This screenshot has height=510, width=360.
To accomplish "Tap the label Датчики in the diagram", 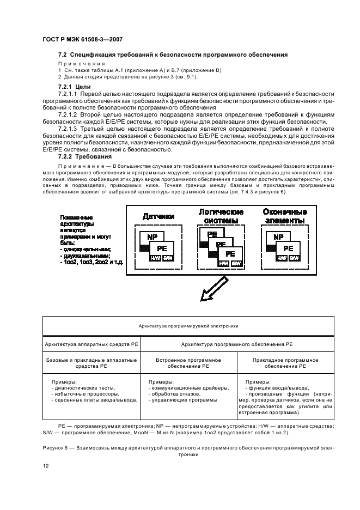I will tap(158, 217).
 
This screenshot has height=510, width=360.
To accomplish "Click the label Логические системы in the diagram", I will tap(221, 216).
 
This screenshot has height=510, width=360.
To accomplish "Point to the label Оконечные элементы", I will tap(284, 216).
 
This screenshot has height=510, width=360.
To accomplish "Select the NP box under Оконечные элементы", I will tap(278, 238).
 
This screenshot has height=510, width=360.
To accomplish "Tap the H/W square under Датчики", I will tap(155, 258).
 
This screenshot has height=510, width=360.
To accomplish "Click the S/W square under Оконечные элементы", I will tap(295, 258).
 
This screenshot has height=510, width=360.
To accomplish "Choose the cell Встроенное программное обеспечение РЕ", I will tap(188, 363).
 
